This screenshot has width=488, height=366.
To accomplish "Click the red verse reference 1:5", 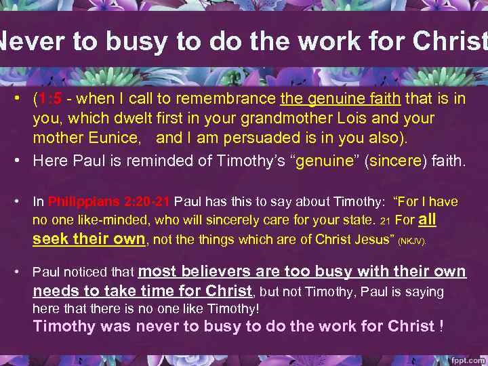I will tap(51, 100).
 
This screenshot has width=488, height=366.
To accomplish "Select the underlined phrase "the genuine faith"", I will tap(342, 100).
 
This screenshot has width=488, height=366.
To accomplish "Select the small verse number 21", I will tap(384, 221).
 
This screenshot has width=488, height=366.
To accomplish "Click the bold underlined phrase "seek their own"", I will tap(89, 239).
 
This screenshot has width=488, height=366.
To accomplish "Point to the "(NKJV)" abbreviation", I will tap(411, 241).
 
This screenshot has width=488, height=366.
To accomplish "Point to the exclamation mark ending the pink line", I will tap(441, 326).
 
